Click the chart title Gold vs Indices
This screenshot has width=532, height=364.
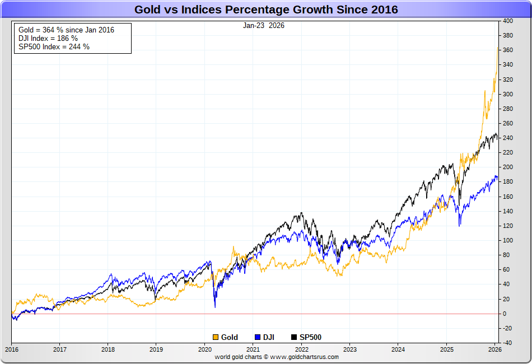[266, 10]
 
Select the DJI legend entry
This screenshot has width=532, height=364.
[267, 337]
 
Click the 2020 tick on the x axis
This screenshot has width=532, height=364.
[204, 349]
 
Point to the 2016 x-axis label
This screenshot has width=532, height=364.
[11, 349]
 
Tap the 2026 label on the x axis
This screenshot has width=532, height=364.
[495, 349]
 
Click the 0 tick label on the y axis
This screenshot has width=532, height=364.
[505, 314]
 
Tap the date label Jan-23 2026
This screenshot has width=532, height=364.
[263, 25]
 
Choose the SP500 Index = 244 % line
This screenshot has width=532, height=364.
[54, 46]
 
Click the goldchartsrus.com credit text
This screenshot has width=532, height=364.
[277, 357]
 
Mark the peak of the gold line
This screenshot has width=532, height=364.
[498, 48]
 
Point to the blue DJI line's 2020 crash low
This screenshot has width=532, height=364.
[215, 306]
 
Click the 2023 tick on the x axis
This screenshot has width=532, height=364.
[349, 349]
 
